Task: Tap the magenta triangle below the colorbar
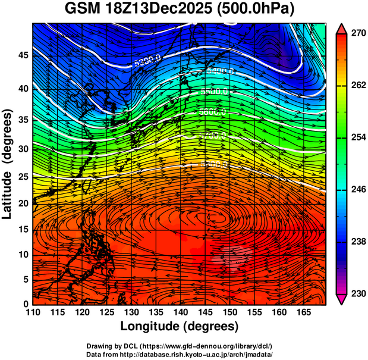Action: coord(342,299)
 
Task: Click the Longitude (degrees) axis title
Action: coord(180,326)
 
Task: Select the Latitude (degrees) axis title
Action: coord(8,164)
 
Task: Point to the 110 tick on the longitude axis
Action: coord(33,312)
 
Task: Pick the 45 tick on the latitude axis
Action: coord(22,55)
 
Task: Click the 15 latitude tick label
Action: coord(22,230)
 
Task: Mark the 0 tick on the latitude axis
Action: coord(25,304)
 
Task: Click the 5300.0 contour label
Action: coord(148,60)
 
